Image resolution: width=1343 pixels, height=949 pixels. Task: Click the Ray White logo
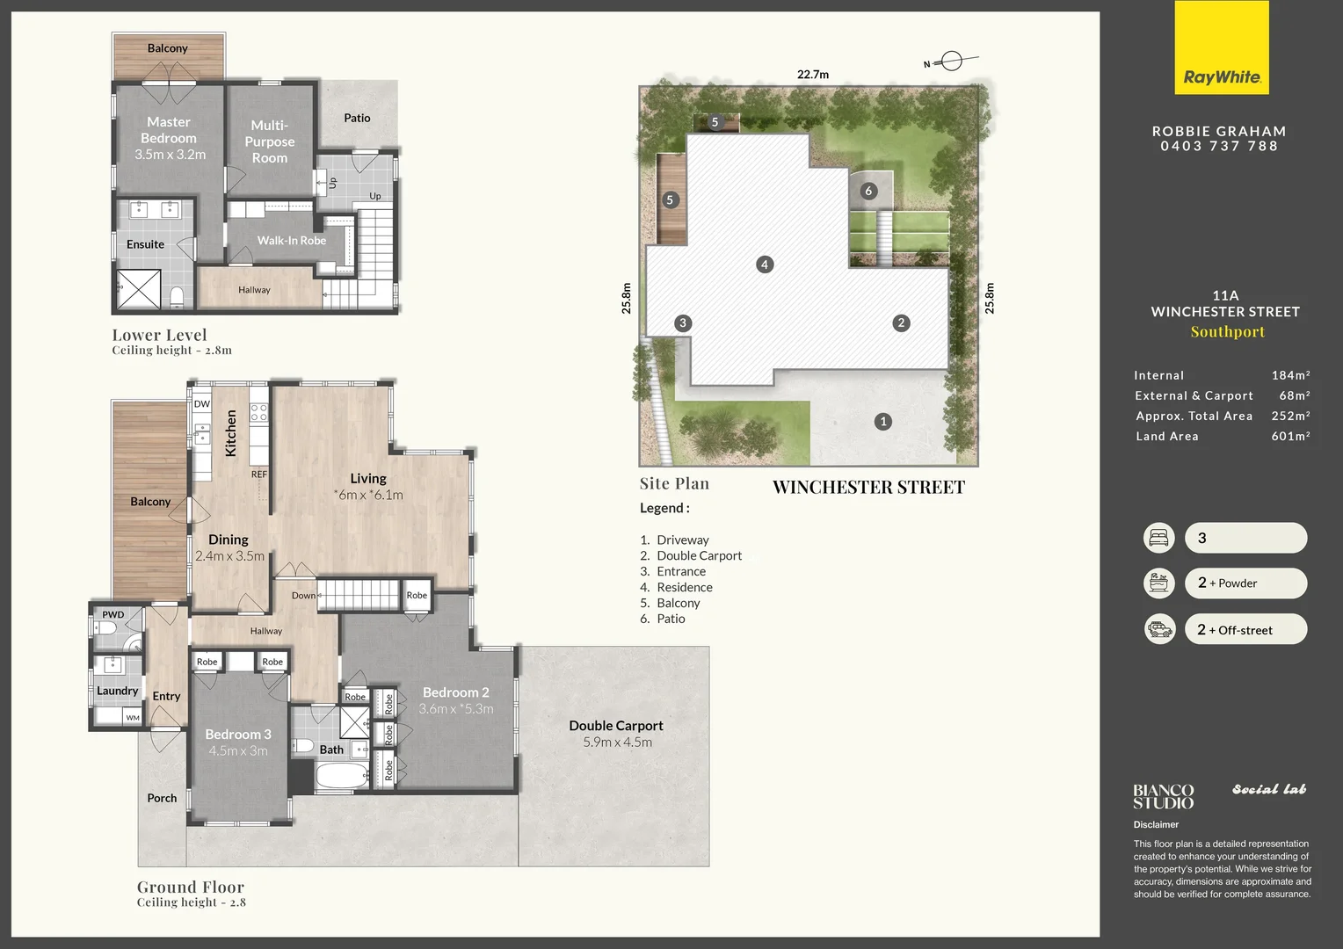(1222, 48)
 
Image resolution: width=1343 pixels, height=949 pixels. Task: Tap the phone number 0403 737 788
(1219, 147)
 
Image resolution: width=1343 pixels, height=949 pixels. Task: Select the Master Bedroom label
(169, 130)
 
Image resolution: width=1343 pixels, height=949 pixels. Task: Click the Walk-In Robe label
(291, 241)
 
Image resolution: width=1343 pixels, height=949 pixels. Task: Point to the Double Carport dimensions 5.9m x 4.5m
(617, 743)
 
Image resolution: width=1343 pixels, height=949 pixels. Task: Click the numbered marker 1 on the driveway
(883, 422)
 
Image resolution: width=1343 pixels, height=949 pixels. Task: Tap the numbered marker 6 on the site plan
(868, 191)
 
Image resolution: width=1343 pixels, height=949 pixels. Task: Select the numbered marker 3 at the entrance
(682, 323)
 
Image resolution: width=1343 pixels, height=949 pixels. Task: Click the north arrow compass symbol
(951, 62)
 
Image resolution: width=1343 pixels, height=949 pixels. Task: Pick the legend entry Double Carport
(699, 556)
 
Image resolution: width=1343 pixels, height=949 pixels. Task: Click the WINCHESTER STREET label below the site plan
(868, 488)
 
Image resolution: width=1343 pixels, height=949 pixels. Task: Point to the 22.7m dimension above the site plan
(812, 75)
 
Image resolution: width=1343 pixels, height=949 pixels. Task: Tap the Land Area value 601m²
(1289, 437)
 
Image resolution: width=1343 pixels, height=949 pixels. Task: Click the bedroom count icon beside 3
(1158, 538)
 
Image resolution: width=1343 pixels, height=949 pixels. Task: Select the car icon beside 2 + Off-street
(1159, 629)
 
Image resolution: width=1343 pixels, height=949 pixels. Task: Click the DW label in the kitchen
(202, 404)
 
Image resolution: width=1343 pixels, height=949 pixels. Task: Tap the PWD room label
(113, 614)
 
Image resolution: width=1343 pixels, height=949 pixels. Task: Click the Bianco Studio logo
(1163, 796)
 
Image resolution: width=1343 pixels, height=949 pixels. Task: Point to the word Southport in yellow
(1227, 332)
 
